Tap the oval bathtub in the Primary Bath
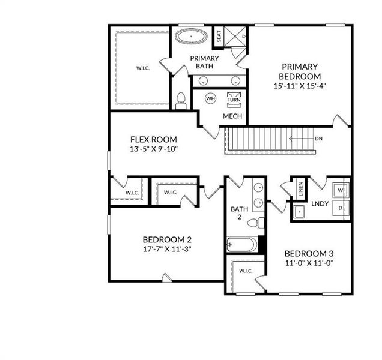(192, 37)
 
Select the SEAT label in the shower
(219, 37)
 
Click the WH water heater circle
(210, 98)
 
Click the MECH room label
(232, 116)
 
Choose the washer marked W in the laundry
(340, 190)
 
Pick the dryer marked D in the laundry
(340, 208)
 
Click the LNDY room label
(320, 204)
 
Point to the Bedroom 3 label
(309, 253)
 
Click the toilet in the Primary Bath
(180, 102)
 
